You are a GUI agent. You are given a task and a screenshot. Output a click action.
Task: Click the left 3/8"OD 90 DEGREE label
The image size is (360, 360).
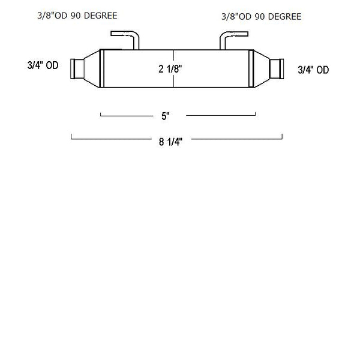(x=77, y=16)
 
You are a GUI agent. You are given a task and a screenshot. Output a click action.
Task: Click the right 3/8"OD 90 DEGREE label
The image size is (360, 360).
(x=262, y=17)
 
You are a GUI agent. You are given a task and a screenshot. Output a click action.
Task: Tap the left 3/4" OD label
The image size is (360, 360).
(x=43, y=65)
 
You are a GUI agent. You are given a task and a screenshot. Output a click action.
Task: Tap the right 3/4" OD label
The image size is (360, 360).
(x=313, y=70)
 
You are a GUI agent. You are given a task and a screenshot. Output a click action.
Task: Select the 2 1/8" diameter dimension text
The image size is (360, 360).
(x=170, y=69)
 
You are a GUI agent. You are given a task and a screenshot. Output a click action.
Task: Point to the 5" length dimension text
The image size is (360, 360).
(x=166, y=116)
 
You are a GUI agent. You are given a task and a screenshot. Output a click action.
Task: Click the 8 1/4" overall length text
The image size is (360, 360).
(x=170, y=142)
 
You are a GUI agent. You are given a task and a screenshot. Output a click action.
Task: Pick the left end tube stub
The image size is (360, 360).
(x=77, y=69)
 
